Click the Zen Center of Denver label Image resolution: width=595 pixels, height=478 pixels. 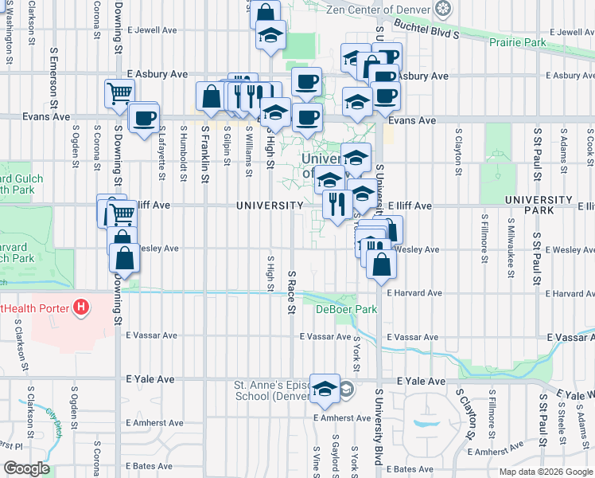tap(379, 10)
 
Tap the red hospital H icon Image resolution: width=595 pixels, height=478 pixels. tap(80, 307)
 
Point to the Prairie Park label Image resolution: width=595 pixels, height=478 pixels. tap(519, 41)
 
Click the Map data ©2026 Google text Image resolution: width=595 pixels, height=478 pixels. tap(545, 472)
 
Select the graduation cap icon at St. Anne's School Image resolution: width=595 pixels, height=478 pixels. tap(325, 388)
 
